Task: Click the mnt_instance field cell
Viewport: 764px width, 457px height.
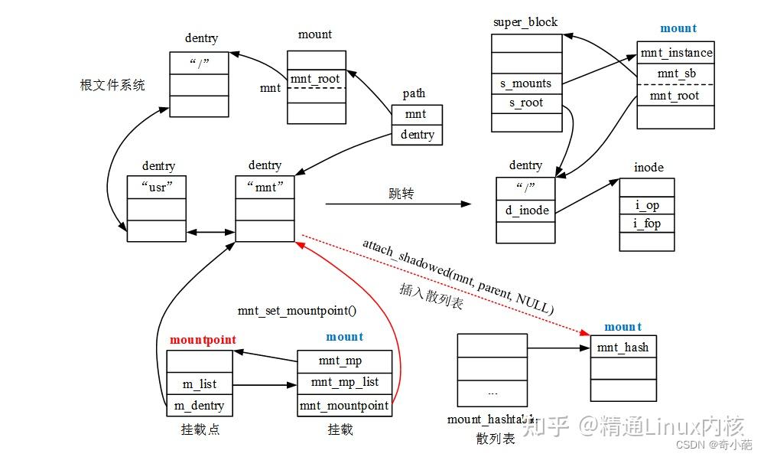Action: (675, 53)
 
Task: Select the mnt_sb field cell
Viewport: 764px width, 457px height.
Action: (675, 74)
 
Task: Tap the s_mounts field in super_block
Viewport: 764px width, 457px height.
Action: (525, 83)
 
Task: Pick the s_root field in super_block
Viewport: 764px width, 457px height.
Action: (525, 103)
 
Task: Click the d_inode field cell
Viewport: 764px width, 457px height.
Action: (525, 210)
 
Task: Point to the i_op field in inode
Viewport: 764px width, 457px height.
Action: (647, 205)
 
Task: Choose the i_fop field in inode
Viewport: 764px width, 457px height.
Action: (647, 224)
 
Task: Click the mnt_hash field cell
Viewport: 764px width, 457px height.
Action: (623, 347)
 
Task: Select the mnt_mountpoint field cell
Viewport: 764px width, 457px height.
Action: (344, 405)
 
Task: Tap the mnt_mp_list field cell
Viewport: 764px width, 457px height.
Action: (344, 382)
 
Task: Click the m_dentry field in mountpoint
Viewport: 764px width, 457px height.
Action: (198, 405)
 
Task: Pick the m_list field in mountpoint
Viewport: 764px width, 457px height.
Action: (198, 384)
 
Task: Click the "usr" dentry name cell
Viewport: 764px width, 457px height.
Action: (156, 186)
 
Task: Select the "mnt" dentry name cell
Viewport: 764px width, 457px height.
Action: (265, 186)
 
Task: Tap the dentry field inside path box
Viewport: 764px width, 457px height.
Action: (417, 135)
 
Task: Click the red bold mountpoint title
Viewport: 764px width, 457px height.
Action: (203, 339)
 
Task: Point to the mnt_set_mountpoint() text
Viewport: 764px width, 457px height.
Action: (297, 311)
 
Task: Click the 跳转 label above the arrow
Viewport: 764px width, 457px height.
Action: (401, 194)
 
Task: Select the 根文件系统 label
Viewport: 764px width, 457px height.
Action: (112, 85)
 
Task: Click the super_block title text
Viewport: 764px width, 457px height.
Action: (525, 22)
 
